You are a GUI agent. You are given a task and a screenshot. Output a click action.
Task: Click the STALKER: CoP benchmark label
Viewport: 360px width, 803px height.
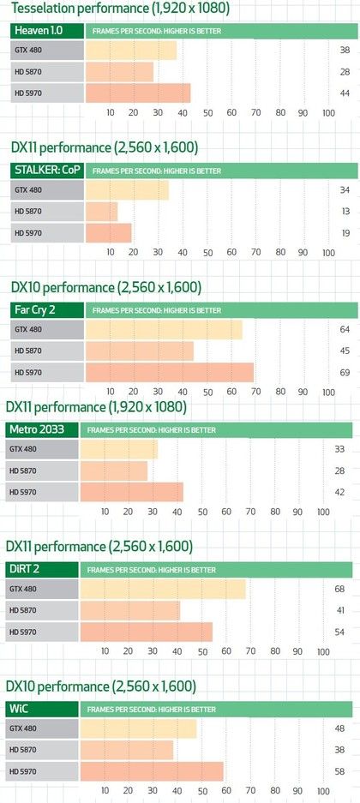pos(47,170)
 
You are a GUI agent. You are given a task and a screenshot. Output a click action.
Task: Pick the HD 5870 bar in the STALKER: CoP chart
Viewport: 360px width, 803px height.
pos(101,212)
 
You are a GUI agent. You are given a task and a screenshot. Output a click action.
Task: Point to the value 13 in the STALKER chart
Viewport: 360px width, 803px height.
pos(344,212)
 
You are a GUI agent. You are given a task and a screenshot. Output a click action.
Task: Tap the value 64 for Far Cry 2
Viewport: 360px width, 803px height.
pos(344,329)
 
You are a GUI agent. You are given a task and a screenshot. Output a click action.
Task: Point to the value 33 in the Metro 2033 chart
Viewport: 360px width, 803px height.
pos(339,449)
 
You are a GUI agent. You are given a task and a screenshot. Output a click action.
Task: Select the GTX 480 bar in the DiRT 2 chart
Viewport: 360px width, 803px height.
pos(163,590)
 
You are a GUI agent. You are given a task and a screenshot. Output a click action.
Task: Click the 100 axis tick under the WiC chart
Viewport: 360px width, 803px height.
pos(323,791)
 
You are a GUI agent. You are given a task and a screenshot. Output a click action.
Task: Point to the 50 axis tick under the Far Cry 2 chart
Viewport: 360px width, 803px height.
pos(207,392)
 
